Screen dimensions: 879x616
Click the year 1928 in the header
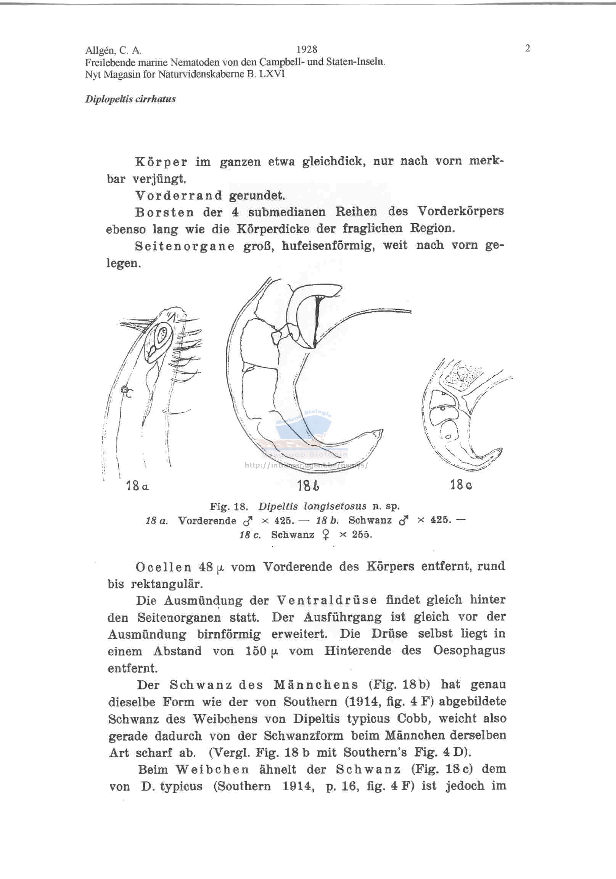click(307, 49)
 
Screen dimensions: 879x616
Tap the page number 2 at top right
click(528, 48)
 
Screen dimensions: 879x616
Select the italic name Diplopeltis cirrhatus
click(130, 99)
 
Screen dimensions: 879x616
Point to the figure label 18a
click(137, 487)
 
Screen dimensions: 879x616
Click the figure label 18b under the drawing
click(308, 486)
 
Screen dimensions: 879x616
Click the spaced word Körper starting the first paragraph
click(161, 162)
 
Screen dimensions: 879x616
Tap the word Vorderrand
click(179, 196)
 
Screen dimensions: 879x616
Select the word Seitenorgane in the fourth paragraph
click(185, 246)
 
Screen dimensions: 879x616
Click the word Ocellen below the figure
click(163, 567)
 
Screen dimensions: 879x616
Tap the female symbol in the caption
click(326, 535)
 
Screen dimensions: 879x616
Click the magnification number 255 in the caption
click(362, 535)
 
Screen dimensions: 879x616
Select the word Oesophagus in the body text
click(469, 651)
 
